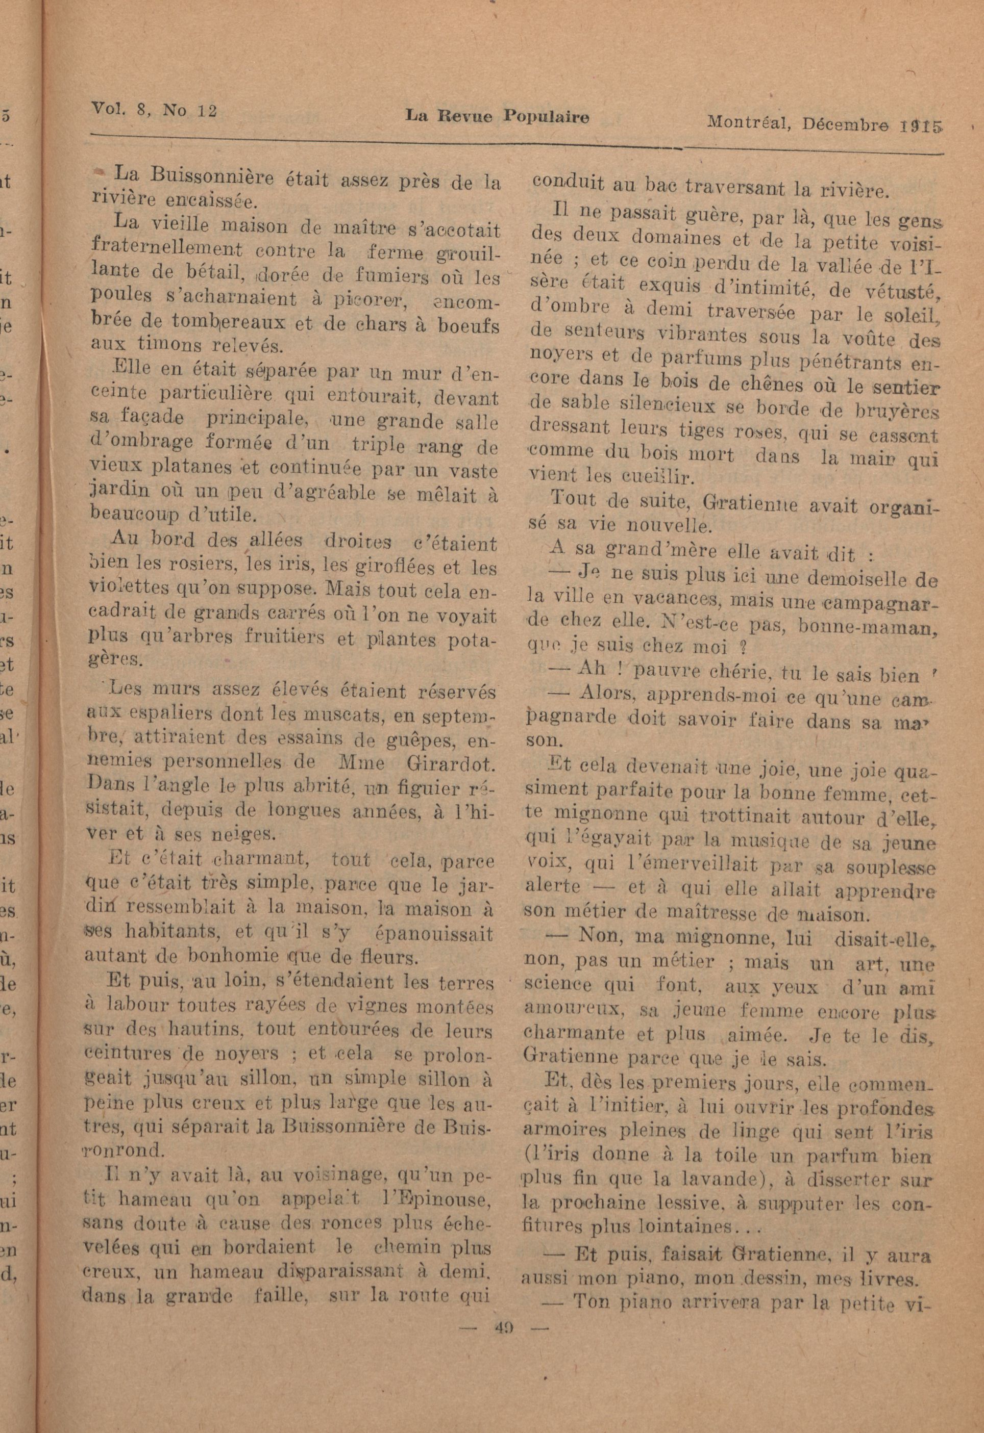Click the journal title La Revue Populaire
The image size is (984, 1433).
(497, 117)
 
